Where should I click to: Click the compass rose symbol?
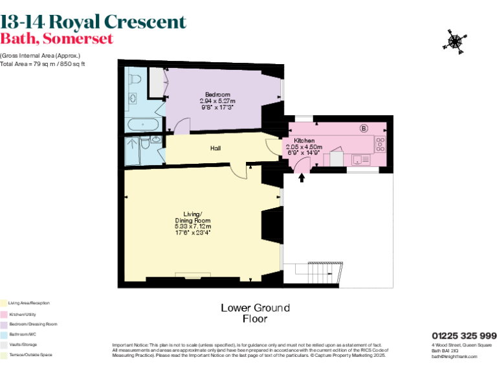454,40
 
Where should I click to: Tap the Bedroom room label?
217,95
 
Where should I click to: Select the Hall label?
215,148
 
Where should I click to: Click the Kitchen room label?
304,141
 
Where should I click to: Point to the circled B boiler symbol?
363,128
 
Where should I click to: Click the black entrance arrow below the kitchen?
301,178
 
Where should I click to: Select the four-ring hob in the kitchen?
381,144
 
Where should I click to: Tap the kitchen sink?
360,159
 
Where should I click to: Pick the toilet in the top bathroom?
135,78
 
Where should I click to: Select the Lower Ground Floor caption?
255,313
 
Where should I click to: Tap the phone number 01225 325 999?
464,335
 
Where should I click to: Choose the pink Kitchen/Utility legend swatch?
3,313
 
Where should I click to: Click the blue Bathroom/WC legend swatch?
3,334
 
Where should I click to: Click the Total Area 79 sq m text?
42,64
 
